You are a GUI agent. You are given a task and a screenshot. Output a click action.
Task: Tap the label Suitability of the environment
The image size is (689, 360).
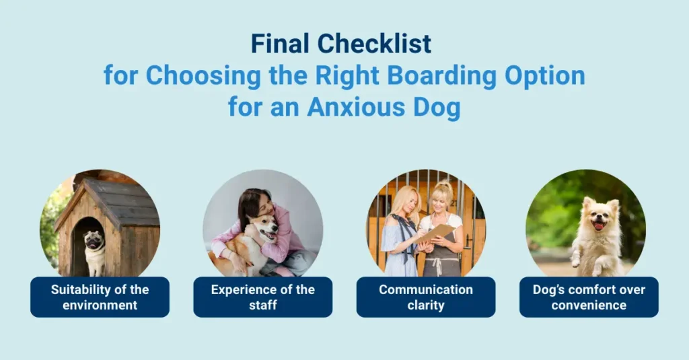point(100,297)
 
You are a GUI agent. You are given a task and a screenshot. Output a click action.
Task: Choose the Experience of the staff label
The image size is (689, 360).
point(262,297)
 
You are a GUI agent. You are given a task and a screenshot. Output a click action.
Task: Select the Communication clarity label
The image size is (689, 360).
point(426,297)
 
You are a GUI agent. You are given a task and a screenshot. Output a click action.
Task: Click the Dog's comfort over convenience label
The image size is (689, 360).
point(589,297)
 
